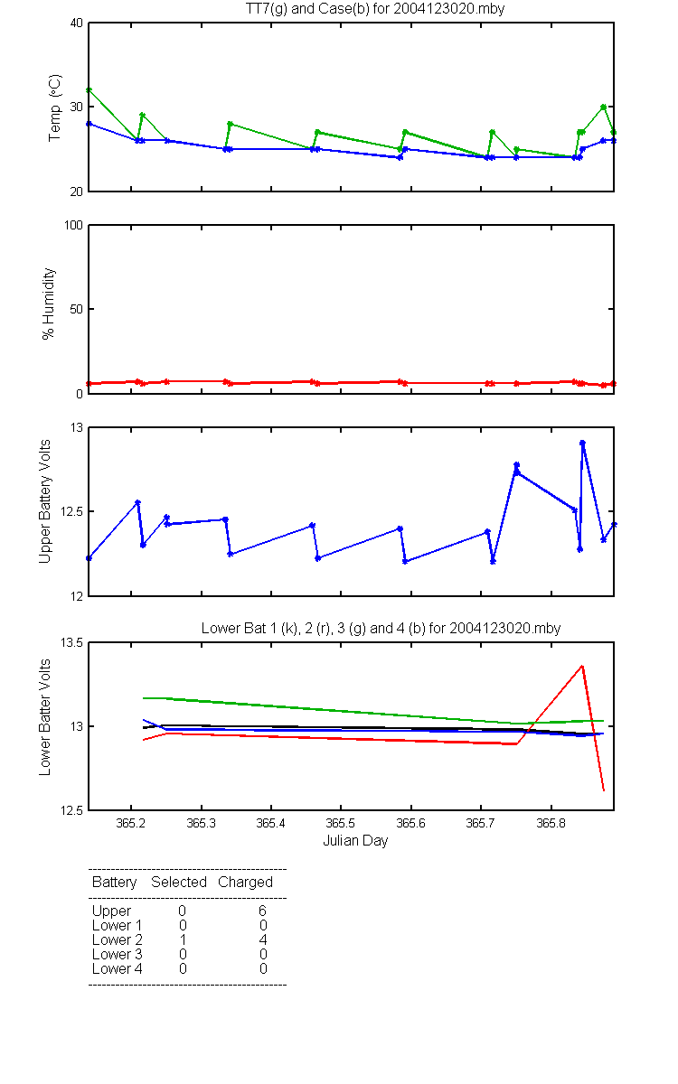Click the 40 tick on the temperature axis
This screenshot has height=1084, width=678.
click(77, 23)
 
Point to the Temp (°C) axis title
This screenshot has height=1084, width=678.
click(55, 107)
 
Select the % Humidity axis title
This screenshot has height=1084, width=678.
click(49, 304)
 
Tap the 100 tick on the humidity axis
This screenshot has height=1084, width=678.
click(73, 225)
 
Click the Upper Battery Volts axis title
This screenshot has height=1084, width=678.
click(44, 501)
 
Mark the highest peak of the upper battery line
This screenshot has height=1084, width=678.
click(582, 443)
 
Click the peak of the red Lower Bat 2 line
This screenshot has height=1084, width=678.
click(582, 666)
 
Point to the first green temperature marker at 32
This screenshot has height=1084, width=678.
click(89, 90)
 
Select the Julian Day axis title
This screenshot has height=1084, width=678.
click(355, 841)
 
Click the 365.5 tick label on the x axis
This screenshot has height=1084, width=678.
click(341, 823)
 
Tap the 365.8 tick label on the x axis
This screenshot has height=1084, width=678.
click(551, 823)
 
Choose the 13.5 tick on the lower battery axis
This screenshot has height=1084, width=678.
click(71, 642)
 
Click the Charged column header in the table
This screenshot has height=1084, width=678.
click(245, 883)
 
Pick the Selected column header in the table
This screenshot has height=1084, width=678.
click(179, 882)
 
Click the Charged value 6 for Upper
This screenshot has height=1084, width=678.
click(262, 911)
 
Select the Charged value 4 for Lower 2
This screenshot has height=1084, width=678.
click(263, 939)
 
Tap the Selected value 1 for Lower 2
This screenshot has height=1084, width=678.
click(183, 939)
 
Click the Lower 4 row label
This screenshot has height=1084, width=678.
click(118, 968)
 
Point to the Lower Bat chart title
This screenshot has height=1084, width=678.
click(381, 628)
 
